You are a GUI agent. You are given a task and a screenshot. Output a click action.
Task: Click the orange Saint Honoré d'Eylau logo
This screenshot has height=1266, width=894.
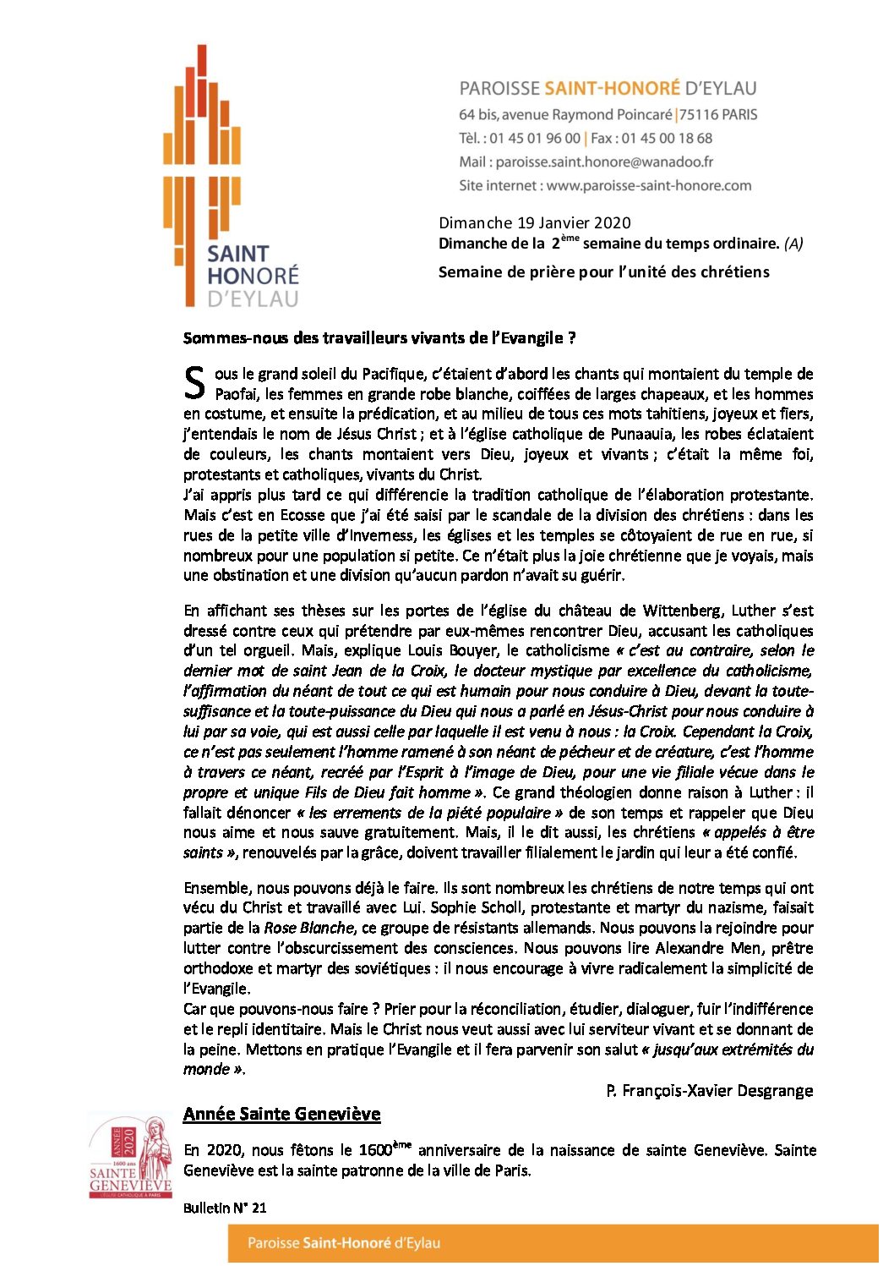(230, 178)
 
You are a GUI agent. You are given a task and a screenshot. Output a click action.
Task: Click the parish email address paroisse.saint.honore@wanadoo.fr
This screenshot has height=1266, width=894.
(603, 162)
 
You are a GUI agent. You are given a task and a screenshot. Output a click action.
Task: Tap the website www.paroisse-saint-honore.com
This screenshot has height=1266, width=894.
(648, 185)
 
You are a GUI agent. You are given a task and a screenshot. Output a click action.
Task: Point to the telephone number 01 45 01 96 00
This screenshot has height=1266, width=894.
(535, 138)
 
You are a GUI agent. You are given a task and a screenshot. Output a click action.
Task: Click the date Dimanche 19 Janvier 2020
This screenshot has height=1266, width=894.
(534, 222)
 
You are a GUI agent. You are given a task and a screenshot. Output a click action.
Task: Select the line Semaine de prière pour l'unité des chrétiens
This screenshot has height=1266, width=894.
(603, 271)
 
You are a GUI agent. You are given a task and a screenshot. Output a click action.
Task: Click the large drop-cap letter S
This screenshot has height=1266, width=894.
(194, 382)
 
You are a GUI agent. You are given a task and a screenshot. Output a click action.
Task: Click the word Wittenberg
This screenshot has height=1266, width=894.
(683, 611)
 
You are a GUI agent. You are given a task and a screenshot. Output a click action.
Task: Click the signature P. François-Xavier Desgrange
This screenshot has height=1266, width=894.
(709, 1090)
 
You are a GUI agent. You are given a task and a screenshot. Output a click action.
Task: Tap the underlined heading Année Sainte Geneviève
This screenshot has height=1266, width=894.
(281, 1114)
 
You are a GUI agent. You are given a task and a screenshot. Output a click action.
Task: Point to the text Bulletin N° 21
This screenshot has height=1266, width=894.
(225, 1208)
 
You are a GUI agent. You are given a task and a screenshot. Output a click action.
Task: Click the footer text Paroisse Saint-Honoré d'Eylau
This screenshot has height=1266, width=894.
(344, 1243)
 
